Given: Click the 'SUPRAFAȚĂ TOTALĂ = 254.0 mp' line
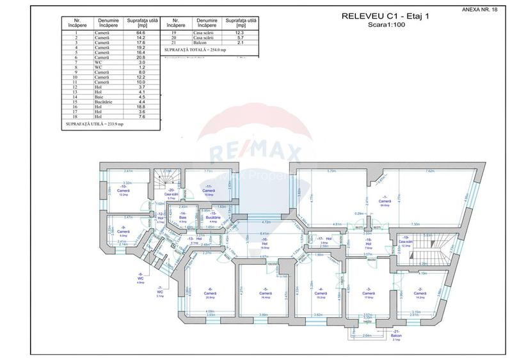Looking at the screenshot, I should (x=195, y=49).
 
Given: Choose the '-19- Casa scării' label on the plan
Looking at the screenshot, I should (x=404, y=242).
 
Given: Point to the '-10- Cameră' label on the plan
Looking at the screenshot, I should (x=124, y=190).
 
